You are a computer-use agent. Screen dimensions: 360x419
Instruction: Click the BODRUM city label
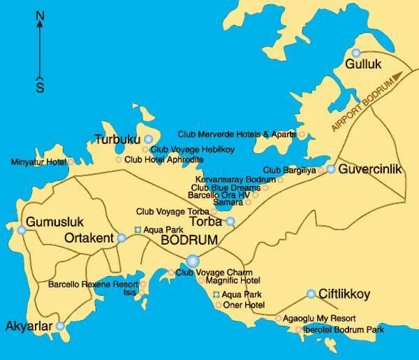(189, 240)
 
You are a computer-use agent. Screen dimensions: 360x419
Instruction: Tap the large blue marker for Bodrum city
(193, 261)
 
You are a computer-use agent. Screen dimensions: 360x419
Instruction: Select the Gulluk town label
(365, 65)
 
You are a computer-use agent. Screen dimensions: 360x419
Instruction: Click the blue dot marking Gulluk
(357, 53)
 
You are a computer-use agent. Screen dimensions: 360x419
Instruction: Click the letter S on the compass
(40, 87)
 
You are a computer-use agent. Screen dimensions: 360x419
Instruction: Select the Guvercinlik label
(368, 169)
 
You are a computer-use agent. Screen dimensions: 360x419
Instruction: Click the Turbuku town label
(117, 139)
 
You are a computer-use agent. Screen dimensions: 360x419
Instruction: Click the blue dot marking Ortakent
(122, 238)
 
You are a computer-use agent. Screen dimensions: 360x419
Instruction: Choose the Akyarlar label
(29, 326)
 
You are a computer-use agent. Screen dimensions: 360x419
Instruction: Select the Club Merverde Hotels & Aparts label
(237, 134)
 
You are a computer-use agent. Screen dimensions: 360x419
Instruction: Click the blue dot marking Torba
(230, 222)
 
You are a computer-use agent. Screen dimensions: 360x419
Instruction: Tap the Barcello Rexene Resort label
(93, 285)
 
